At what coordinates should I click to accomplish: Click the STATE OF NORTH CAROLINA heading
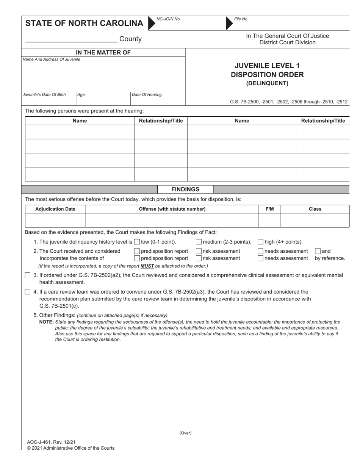[84, 23]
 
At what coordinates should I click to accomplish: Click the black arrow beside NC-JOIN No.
[151, 23]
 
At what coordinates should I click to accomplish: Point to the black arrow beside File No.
[229, 23]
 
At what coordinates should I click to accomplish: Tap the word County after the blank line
[130, 39]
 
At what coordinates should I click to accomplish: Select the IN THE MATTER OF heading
[103, 53]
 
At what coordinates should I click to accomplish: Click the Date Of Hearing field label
[146, 95]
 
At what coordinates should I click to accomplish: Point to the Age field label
[81, 95]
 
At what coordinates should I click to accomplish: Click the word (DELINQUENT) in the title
[267, 83]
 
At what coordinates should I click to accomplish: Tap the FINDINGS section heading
[185, 189]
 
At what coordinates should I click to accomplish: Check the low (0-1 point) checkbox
[137, 242]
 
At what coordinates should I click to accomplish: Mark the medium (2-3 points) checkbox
[199, 242]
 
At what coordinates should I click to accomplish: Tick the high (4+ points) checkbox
[260, 242]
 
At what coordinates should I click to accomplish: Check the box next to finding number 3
[27, 275]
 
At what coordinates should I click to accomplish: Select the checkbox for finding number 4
[27, 292]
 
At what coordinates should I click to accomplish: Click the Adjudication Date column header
[55, 209]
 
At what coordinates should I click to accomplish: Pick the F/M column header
[269, 209]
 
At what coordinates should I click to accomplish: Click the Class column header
[315, 209]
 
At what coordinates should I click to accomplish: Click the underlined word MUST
[147, 266]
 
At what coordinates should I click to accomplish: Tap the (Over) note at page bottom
[185, 433]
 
